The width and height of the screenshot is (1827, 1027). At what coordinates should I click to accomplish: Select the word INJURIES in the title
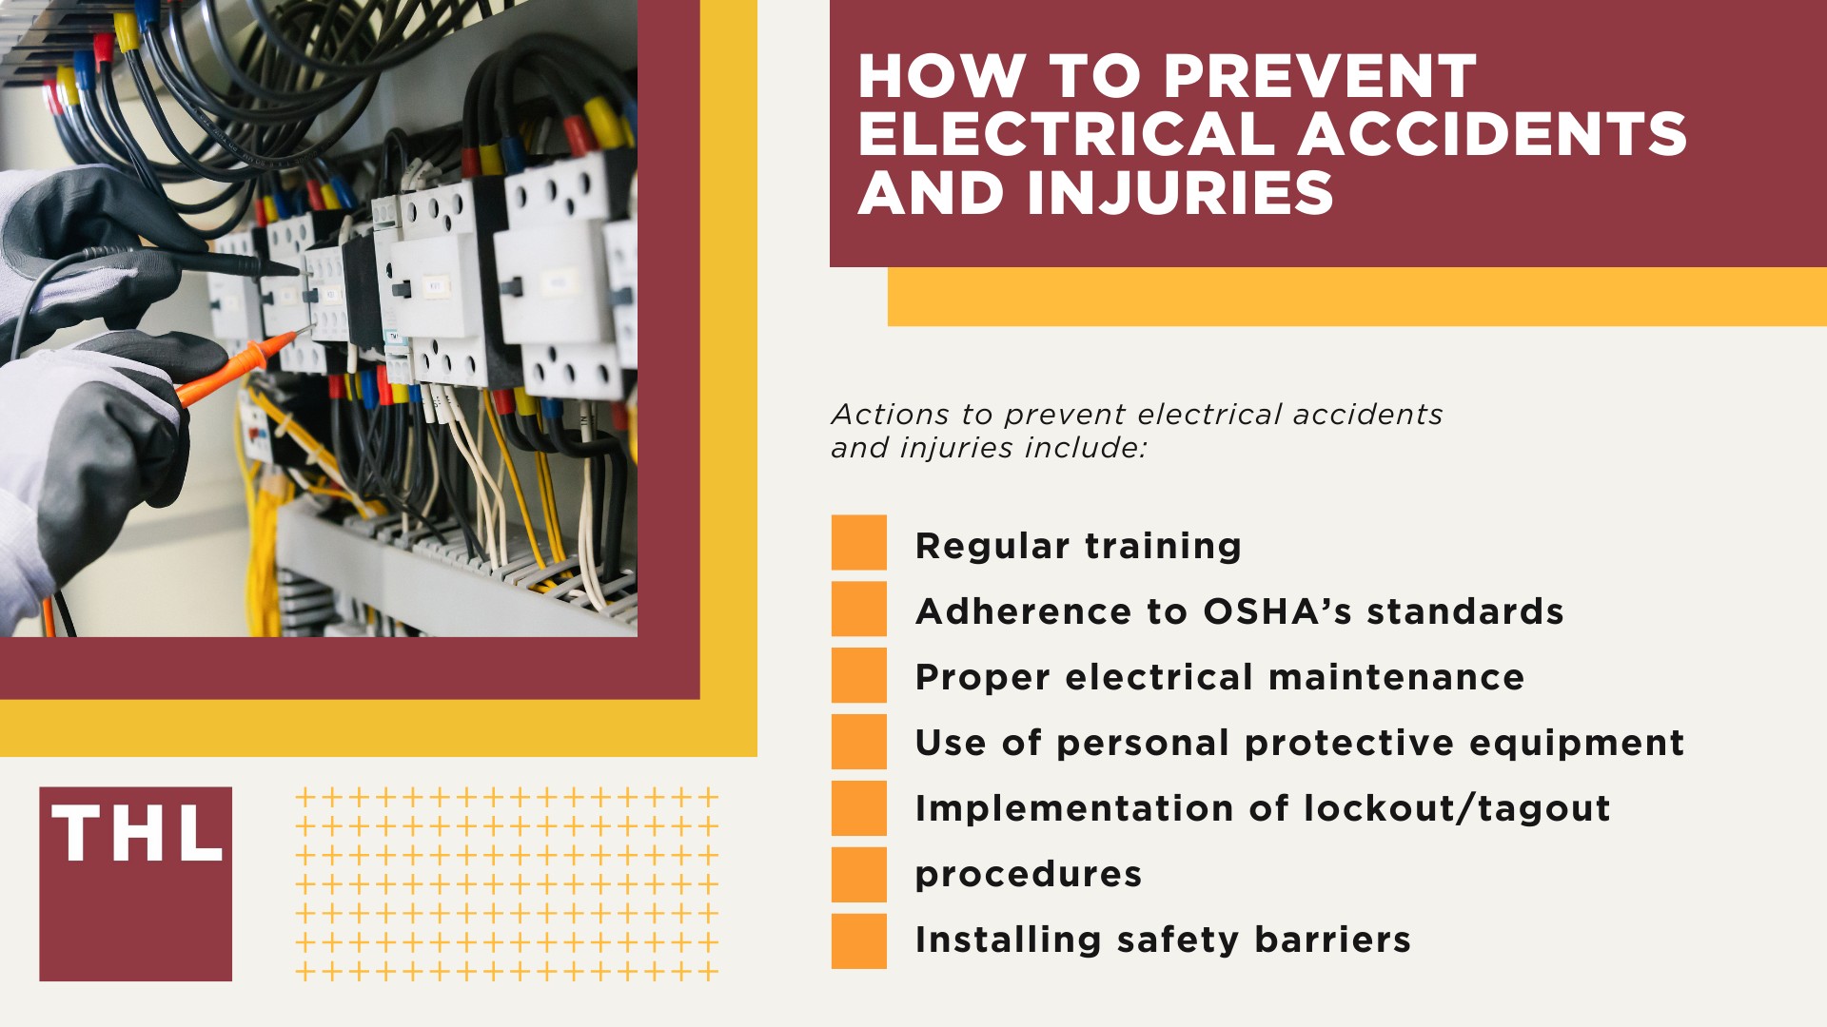point(1180,193)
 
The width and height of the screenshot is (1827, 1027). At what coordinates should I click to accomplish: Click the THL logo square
point(135,883)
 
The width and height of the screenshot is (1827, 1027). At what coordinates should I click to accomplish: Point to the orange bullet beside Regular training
point(858,543)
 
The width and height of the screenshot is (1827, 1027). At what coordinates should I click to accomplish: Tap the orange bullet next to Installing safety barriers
point(858,940)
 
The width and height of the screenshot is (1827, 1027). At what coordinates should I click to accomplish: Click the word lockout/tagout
point(1457,808)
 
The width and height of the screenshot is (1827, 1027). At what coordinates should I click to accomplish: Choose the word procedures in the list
point(1028,875)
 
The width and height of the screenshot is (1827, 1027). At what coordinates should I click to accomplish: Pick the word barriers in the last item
point(1332,940)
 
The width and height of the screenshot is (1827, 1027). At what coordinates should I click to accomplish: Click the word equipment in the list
point(1577,743)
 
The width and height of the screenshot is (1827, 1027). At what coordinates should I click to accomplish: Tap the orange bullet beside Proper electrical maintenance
point(858,675)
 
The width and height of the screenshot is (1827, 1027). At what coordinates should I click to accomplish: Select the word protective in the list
point(1348,743)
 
